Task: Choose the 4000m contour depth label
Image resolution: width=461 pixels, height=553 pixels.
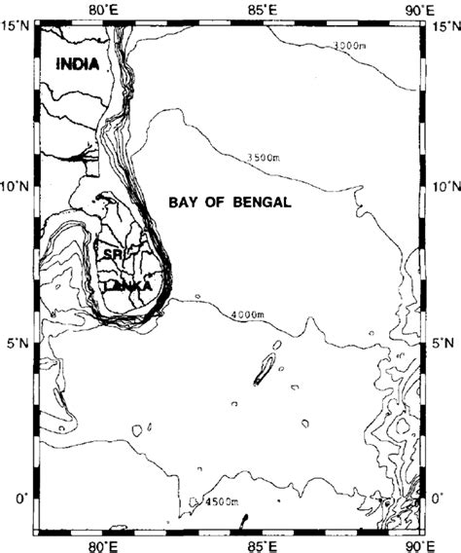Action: point(251,315)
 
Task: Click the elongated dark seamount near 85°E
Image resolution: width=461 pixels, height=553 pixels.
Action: point(263,370)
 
